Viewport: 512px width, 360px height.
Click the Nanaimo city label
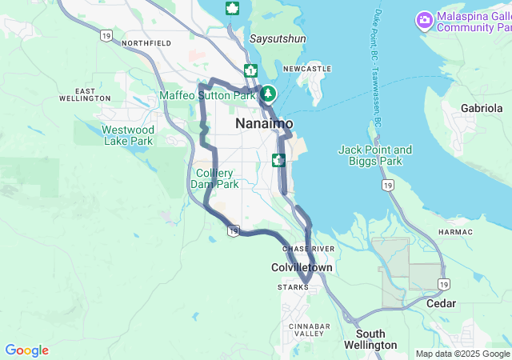264,124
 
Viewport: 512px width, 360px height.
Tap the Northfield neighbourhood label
147,42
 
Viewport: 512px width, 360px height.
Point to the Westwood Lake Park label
128,135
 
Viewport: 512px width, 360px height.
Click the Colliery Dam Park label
214,178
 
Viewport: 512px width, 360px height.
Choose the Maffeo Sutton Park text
207,95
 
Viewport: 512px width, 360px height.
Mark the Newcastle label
306,70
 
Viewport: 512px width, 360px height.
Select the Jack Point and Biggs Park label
375,155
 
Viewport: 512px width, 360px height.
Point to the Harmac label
456,232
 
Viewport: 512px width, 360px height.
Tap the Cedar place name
441,304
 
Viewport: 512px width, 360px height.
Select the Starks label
292,287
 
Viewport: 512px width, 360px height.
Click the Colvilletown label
302,268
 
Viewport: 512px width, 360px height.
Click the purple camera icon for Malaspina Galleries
425,19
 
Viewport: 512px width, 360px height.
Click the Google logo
26,350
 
